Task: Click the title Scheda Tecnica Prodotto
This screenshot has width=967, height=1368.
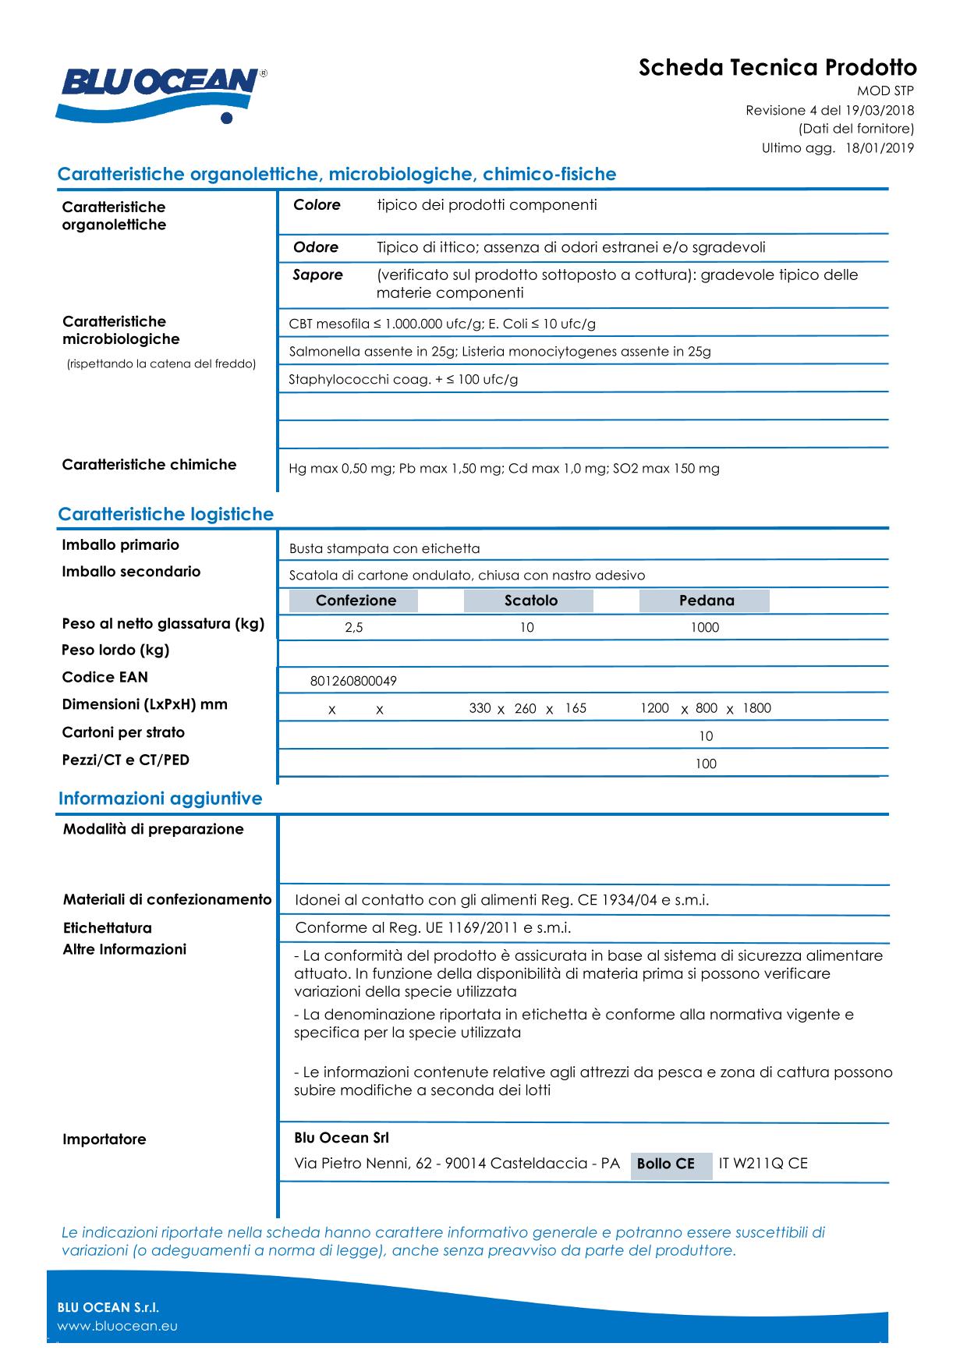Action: (x=777, y=68)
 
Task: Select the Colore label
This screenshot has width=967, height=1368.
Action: (x=317, y=205)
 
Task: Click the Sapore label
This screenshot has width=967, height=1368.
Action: (x=317, y=275)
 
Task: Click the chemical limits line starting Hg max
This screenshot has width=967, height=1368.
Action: (x=504, y=469)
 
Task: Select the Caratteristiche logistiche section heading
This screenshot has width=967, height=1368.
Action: (x=165, y=515)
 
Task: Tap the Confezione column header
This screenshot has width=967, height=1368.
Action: (x=355, y=601)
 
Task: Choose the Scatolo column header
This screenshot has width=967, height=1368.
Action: (x=530, y=601)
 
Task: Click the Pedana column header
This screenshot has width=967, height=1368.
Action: (x=706, y=601)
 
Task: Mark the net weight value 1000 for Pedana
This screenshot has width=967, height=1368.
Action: (x=705, y=628)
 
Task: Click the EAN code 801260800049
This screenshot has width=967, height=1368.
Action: (x=353, y=682)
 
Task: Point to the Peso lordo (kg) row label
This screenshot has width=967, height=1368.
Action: (x=115, y=650)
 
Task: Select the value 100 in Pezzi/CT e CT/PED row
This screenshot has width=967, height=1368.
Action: (x=706, y=764)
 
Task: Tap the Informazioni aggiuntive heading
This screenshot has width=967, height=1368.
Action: (x=160, y=799)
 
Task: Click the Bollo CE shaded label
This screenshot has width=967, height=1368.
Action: (x=666, y=1164)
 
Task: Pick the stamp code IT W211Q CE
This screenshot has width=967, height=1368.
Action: (x=763, y=1164)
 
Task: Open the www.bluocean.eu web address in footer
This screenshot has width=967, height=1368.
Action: (x=118, y=1327)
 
